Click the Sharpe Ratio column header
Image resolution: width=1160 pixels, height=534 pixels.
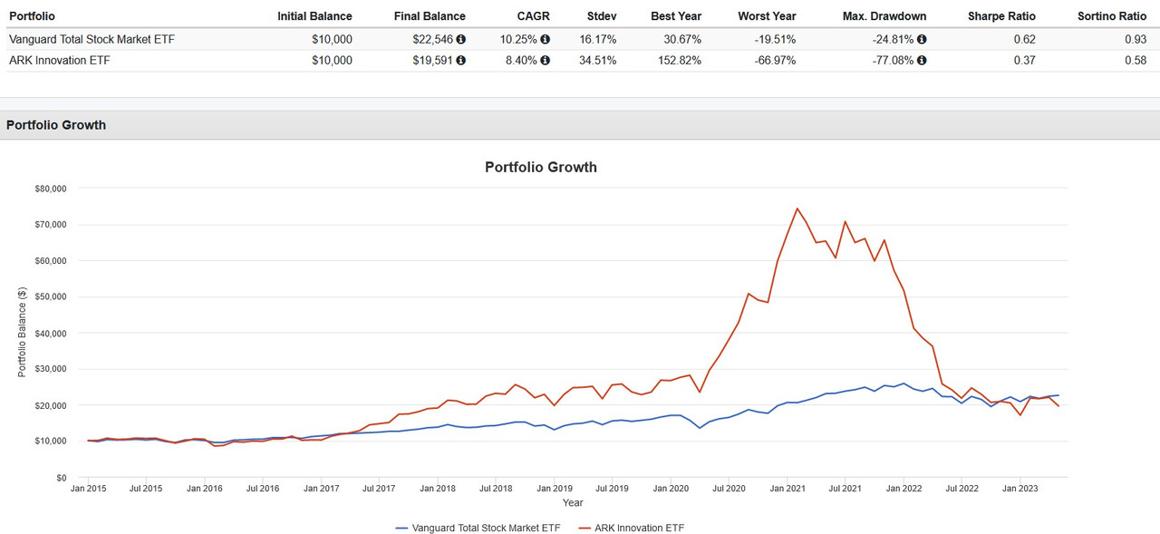[x=1000, y=16]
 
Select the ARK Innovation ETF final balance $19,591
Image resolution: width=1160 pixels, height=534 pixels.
[x=431, y=61]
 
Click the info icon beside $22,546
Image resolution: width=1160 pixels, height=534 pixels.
[x=460, y=39]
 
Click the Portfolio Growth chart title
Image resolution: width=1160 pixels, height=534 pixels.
[x=541, y=167]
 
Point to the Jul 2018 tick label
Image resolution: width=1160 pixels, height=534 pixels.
[x=495, y=488]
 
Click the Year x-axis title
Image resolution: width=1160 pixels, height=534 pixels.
[x=573, y=502]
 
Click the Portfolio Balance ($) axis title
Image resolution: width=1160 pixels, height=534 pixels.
[x=22, y=333]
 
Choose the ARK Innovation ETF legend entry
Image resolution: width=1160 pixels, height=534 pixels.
[x=635, y=528]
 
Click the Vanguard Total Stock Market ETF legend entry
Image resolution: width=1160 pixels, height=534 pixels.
[x=479, y=528]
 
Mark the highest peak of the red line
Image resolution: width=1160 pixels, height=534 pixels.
[x=797, y=209]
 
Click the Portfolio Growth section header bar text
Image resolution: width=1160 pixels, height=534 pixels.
[x=56, y=125]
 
